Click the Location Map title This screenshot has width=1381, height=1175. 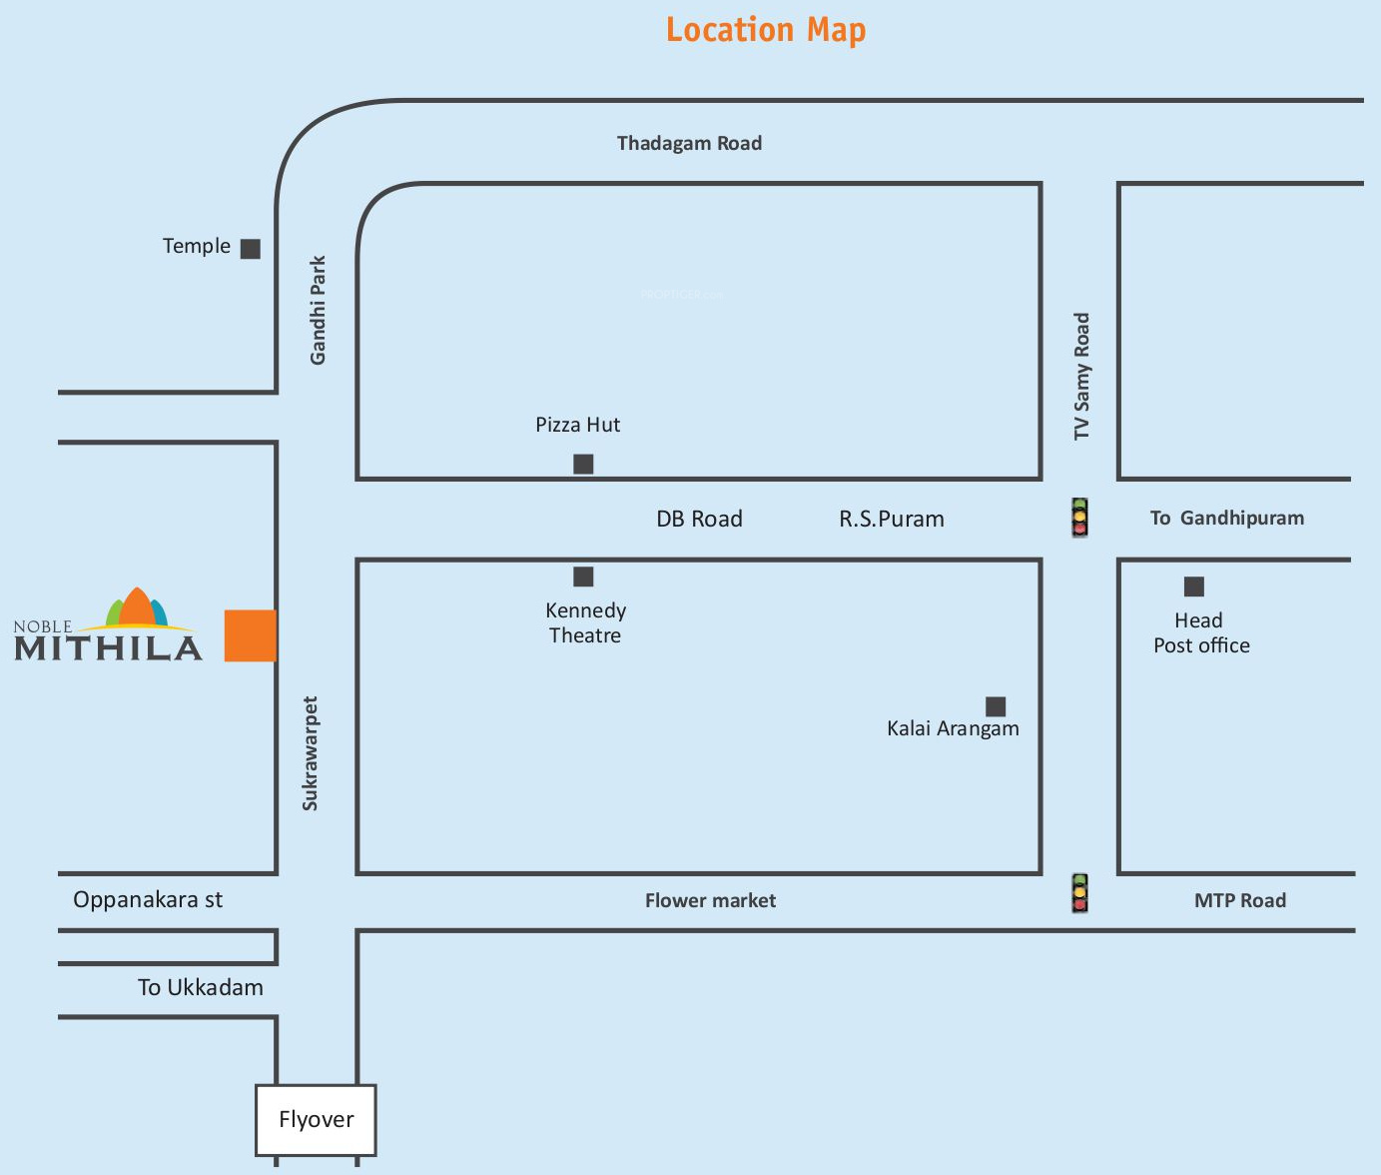(766, 30)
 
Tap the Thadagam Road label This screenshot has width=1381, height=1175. (689, 143)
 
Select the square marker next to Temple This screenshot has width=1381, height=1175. (251, 249)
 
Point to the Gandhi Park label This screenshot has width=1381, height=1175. (318, 310)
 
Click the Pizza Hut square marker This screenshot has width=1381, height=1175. (583, 464)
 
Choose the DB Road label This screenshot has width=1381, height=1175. (699, 519)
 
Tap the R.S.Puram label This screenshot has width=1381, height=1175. (891, 519)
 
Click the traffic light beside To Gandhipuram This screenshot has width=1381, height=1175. (1079, 518)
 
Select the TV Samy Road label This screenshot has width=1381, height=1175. (1081, 376)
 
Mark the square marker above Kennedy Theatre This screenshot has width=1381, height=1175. (583, 577)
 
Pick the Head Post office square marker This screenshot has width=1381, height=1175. (1193, 587)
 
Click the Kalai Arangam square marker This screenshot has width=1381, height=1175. (996, 706)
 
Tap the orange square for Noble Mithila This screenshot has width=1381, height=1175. (250, 635)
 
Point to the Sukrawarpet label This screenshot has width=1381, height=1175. (310, 753)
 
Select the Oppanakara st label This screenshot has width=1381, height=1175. (148, 899)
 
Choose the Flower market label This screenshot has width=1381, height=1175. (710, 900)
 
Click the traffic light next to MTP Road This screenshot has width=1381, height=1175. (1079, 893)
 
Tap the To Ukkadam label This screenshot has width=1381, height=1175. (200, 987)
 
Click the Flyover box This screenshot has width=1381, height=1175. (316, 1119)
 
